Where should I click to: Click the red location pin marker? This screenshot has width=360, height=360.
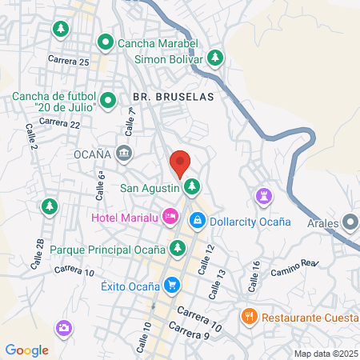[180, 163]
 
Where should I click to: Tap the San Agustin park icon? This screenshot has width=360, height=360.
[191, 188]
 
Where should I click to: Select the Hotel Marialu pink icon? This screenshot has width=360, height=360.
[170, 216]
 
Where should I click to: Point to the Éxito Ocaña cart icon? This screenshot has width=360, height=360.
[170, 284]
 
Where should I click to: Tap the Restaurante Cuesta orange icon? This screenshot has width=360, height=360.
[250, 316]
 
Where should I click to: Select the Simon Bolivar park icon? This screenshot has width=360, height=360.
[214, 58]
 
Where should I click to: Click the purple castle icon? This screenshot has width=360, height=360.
[263, 196]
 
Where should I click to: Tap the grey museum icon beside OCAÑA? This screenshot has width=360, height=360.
[123, 152]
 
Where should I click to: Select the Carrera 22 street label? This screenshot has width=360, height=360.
[60, 123]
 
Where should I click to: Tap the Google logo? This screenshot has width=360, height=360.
[27, 350]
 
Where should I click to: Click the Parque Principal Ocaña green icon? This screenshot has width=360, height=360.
[176, 249]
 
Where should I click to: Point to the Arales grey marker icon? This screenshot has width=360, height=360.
[350, 222]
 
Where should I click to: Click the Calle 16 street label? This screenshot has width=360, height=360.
[255, 271]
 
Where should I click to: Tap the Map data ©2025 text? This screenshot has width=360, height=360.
[325, 353]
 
